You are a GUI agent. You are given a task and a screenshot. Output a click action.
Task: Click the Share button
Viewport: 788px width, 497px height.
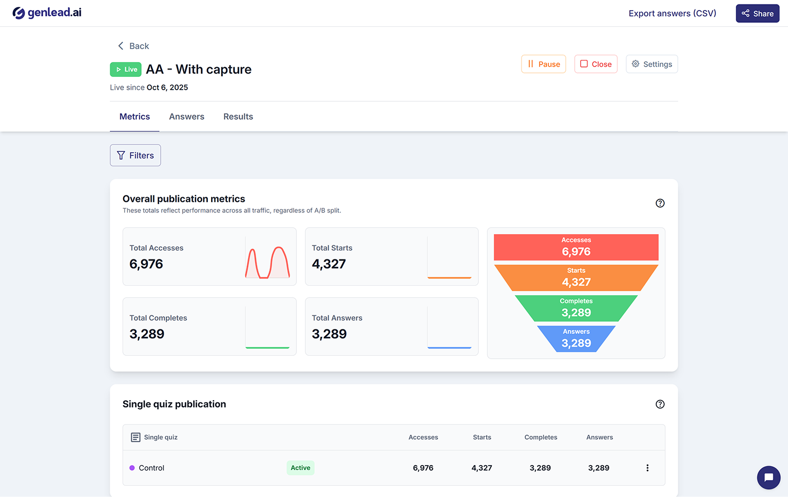[757, 13]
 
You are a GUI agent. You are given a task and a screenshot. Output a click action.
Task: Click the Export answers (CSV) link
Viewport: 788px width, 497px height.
[672, 13]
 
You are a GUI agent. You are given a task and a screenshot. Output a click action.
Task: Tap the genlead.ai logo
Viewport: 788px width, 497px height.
[47, 12]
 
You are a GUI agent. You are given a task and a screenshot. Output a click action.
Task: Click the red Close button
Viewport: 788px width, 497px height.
[595, 64]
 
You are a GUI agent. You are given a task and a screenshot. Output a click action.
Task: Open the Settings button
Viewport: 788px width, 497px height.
[651, 64]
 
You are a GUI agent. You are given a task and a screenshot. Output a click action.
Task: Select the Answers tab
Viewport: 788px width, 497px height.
[186, 117]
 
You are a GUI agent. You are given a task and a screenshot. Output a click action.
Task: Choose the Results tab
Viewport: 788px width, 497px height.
[238, 117]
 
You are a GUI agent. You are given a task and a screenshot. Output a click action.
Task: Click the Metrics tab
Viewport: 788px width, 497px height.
[134, 117]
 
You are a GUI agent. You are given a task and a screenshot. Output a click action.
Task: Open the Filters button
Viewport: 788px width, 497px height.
[136, 155]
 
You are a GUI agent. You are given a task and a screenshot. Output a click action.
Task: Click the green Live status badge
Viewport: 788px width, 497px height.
[126, 69]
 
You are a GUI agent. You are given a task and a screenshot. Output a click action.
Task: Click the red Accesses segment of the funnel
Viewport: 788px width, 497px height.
[576, 247]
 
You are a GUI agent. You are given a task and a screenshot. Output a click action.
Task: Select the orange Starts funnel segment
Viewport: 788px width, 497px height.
[576, 278]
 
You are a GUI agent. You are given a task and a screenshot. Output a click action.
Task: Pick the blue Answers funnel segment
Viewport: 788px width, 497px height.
[576, 339]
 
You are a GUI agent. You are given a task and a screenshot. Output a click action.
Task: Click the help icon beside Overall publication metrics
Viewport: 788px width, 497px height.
[660, 203]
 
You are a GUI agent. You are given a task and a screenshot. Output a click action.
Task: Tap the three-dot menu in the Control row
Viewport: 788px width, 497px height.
[647, 468]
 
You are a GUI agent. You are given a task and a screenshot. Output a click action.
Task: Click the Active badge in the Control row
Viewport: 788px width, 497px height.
[300, 468]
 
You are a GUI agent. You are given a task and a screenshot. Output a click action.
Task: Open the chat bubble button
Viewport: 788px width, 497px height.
[768, 477]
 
